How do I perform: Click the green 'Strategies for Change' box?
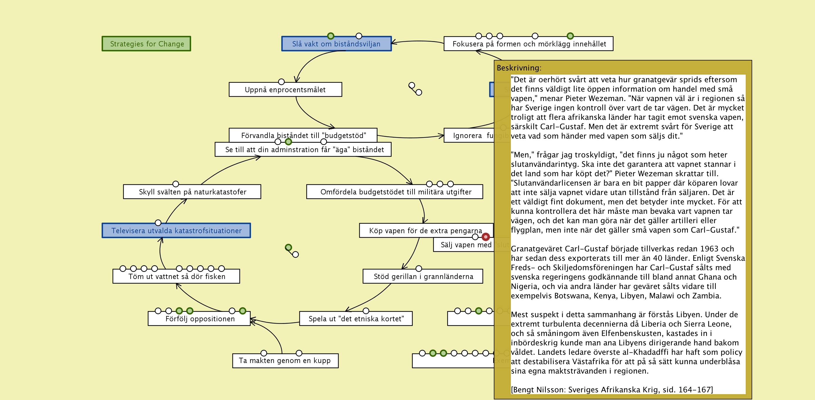146,44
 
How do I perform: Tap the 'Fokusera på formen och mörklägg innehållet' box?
528,44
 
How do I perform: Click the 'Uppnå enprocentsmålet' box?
285,90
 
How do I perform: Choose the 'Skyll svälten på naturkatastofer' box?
192,192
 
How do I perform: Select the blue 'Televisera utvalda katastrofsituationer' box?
176,230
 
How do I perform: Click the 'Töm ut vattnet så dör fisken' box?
176,276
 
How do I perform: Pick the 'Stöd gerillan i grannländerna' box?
423,276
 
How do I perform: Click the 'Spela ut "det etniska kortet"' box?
356,319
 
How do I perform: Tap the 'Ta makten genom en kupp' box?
285,361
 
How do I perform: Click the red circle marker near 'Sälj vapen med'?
486,237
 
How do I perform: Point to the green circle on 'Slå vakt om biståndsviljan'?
331,36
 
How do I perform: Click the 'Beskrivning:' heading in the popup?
519,68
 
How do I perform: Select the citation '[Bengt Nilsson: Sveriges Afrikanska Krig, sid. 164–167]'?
612,389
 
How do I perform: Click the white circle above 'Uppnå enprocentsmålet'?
281,82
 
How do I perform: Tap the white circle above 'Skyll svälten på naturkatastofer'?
176,184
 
